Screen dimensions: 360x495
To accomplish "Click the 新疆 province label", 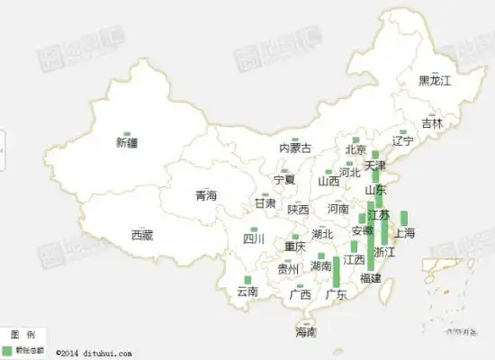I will pos(127,142).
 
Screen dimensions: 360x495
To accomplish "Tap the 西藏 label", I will pos(142,236).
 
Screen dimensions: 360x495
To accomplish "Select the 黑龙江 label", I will pos(435,81).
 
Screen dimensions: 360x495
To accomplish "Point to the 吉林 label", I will pos(432,124).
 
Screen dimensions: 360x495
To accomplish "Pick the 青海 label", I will pos(206,195).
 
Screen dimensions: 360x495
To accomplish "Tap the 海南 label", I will pos(306,332).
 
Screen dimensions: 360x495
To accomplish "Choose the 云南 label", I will pos(247,292).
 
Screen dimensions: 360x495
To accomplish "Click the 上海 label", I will pos(404,234).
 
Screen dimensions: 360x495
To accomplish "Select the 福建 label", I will pos(370,278).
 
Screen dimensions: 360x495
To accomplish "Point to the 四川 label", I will pos(254,238).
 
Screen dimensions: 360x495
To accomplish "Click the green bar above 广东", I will pos(337,271).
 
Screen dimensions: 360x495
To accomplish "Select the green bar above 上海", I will pos(404,218).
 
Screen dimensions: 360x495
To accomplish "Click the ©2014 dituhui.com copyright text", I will pos(94,354).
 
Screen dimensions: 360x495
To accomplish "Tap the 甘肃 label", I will pos(265,204).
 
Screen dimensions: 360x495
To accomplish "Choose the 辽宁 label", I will pos(403,141).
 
